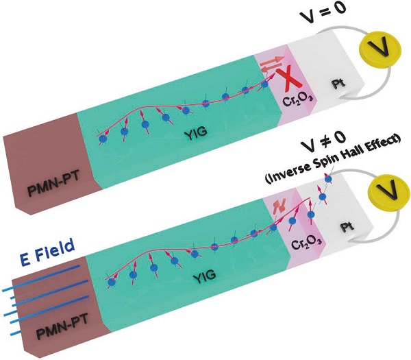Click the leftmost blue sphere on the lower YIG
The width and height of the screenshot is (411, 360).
110,280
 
